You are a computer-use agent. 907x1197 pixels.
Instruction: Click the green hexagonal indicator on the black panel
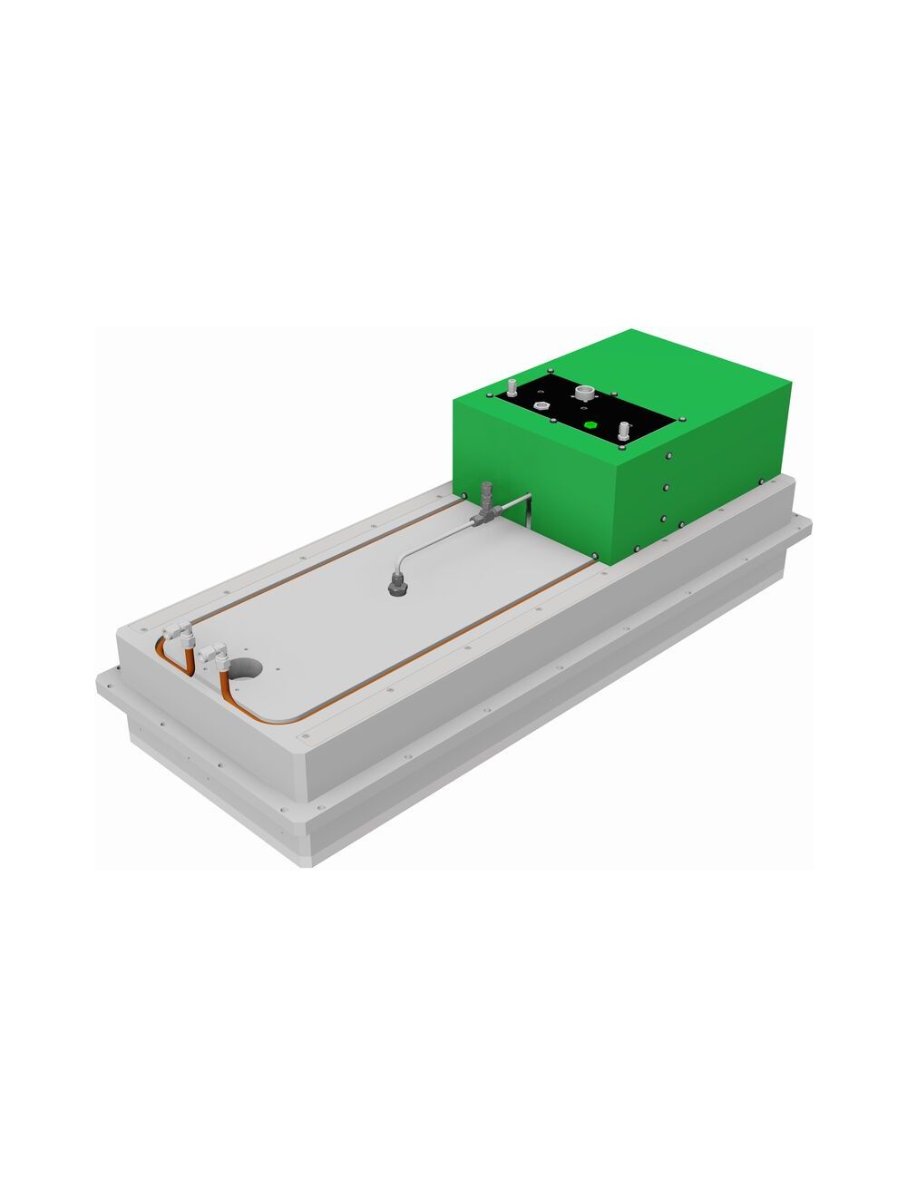click(590, 424)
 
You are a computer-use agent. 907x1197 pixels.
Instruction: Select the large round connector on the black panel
click(583, 394)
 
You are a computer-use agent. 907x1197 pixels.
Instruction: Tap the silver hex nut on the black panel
click(541, 405)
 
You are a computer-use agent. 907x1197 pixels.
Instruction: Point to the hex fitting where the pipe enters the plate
click(395, 588)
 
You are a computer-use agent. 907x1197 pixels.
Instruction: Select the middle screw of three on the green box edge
click(665, 488)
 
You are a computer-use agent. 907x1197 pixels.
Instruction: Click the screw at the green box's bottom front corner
click(595, 556)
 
